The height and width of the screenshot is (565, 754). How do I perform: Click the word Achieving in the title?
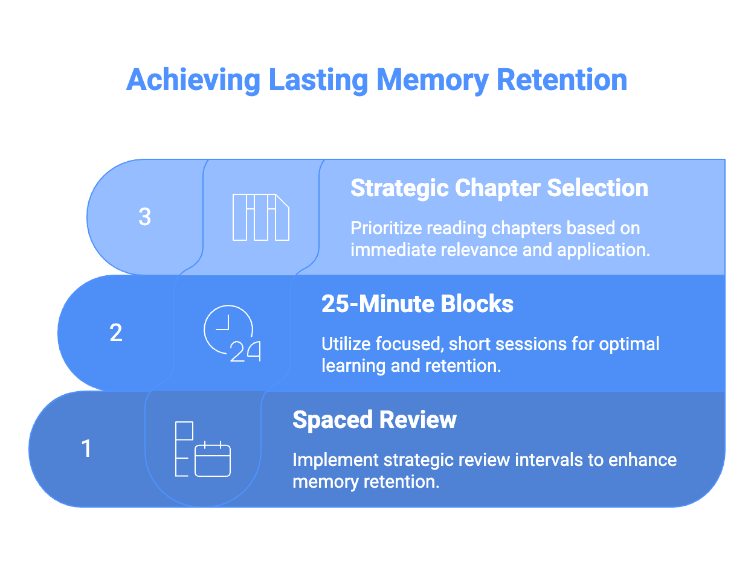click(x=193, y=80)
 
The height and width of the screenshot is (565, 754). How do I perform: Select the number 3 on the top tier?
click(x=144, y=217)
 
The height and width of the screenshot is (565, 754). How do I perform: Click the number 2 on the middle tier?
click(x=116, y=333)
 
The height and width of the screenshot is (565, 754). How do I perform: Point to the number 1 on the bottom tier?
click(x=86, y=448)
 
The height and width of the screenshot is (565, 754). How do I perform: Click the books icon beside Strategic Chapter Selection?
click(x=261, y=217)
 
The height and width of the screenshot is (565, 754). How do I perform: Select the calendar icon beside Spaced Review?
click(x=203, y=450)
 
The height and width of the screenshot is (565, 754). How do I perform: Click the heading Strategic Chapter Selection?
click(x=499, y=188)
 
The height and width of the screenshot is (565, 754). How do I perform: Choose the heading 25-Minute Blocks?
click(x=417, y=304)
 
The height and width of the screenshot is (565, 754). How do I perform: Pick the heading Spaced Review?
click(x=375, y=420)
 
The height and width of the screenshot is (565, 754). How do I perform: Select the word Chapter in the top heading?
click(x=498, y=188)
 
